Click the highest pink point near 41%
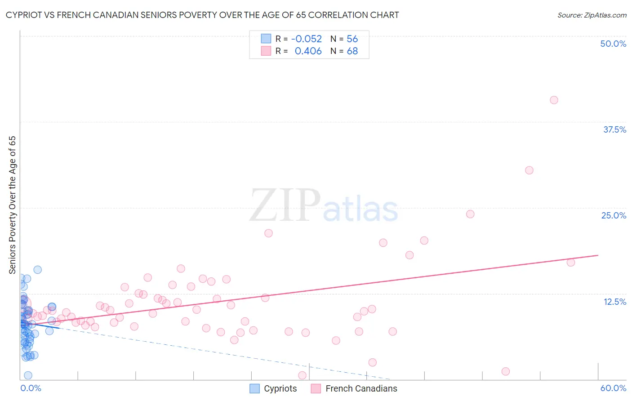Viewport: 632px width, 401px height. coord(554,100)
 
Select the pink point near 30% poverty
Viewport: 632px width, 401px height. coord(529,170)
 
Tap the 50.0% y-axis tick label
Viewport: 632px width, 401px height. coord(613,44)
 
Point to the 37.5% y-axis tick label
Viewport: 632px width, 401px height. coord(614,129)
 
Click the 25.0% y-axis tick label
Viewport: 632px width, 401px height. coord(613,215)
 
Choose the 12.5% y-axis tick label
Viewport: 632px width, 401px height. coord(614,302)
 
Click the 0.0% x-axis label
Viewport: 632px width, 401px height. coord(31,388)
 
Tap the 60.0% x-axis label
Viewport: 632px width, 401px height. coord(613,388)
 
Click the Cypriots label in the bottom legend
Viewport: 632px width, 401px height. coord(280,388)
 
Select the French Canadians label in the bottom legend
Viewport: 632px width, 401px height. coord(361,388)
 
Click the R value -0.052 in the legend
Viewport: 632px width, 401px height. coord(306,39)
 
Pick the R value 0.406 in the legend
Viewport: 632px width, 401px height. coord(308,51)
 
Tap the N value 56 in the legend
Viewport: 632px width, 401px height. coord(352,39)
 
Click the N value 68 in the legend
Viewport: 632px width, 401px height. coord(352,51)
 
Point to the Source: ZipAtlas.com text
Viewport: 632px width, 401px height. coord(592,15)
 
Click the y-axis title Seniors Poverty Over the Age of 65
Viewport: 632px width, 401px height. coord(13,205)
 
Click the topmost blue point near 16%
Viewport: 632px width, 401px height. coord(38,270)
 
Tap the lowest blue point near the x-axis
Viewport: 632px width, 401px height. coord(28,375)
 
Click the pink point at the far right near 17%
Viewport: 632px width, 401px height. coord(571,263)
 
